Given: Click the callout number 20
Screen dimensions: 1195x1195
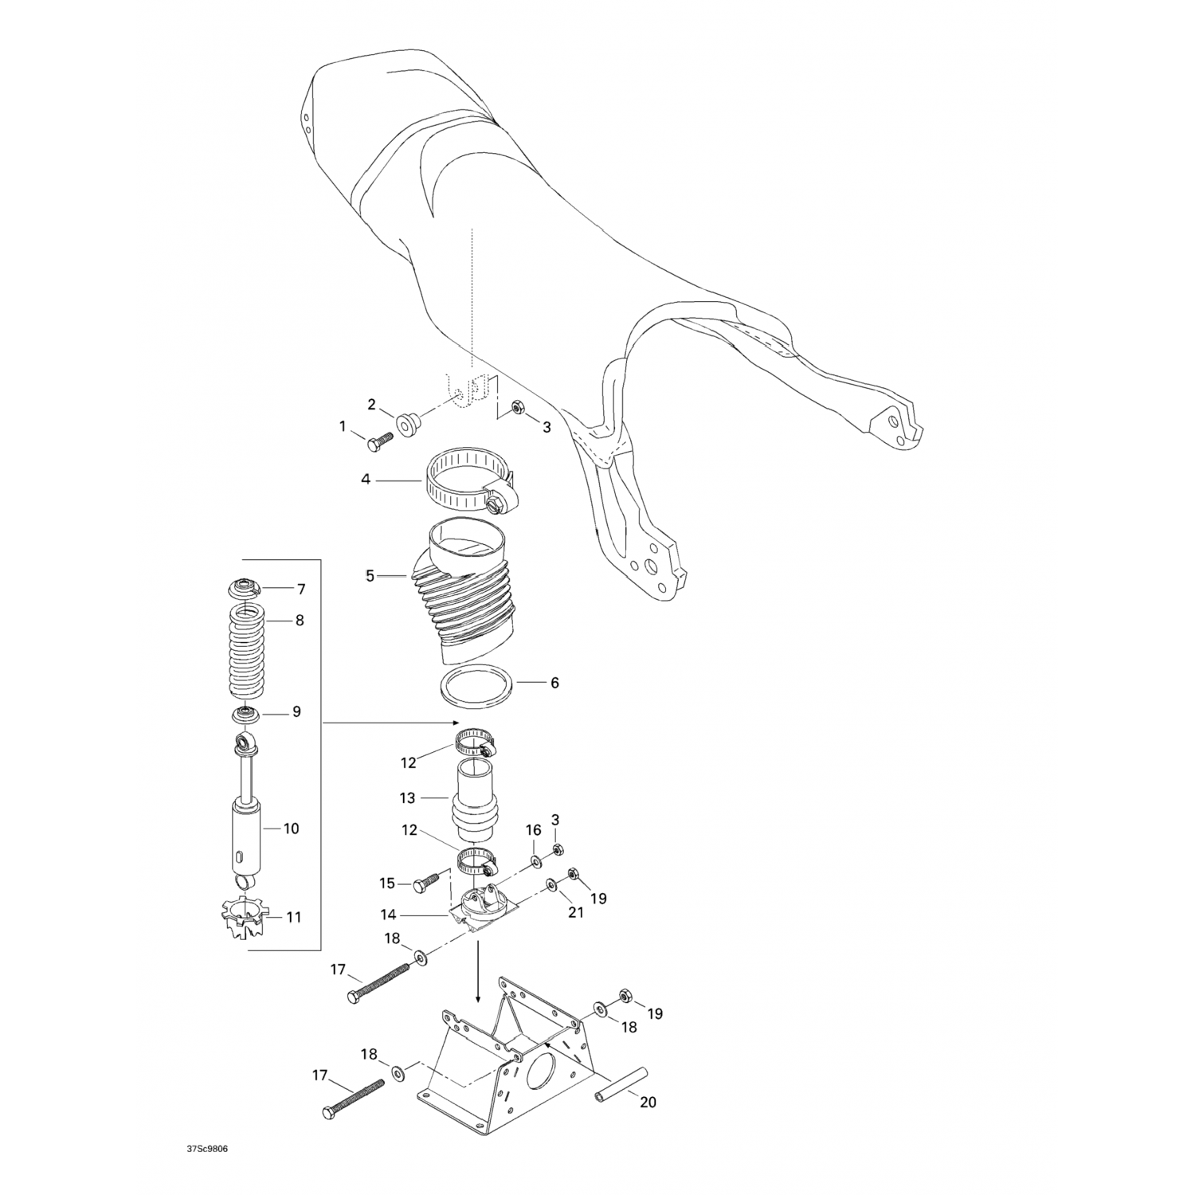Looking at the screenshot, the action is click(x=648, y=1103).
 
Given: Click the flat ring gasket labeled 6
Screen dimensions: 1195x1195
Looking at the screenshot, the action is click(x=476, y=684).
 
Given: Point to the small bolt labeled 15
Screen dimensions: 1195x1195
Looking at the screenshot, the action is click(x=426, y=880).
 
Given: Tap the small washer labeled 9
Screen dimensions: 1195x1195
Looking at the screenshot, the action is click(x=246, y=712).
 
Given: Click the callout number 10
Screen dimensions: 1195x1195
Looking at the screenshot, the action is click(x=292, y=829).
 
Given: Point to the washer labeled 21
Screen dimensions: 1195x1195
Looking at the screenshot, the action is click(x=551, y=886).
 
